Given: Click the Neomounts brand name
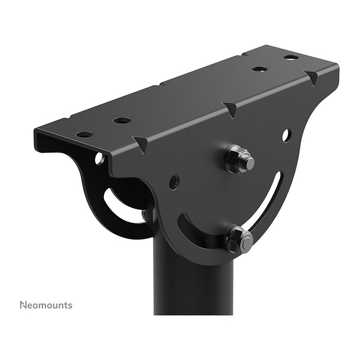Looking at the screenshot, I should pos(46,305).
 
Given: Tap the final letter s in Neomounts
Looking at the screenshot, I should pos(70,305).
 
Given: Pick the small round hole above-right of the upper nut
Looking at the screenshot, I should pos(286,135).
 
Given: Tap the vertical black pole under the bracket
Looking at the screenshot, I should pos(190,288).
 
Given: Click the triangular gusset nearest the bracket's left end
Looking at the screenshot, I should pos(140,142).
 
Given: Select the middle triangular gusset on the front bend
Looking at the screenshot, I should pos(230,109).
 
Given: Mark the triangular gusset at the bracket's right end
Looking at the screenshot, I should pos(312,78).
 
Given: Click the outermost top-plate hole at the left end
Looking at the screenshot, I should pos(84,134).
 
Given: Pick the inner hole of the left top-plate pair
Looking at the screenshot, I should pos(122,120).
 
